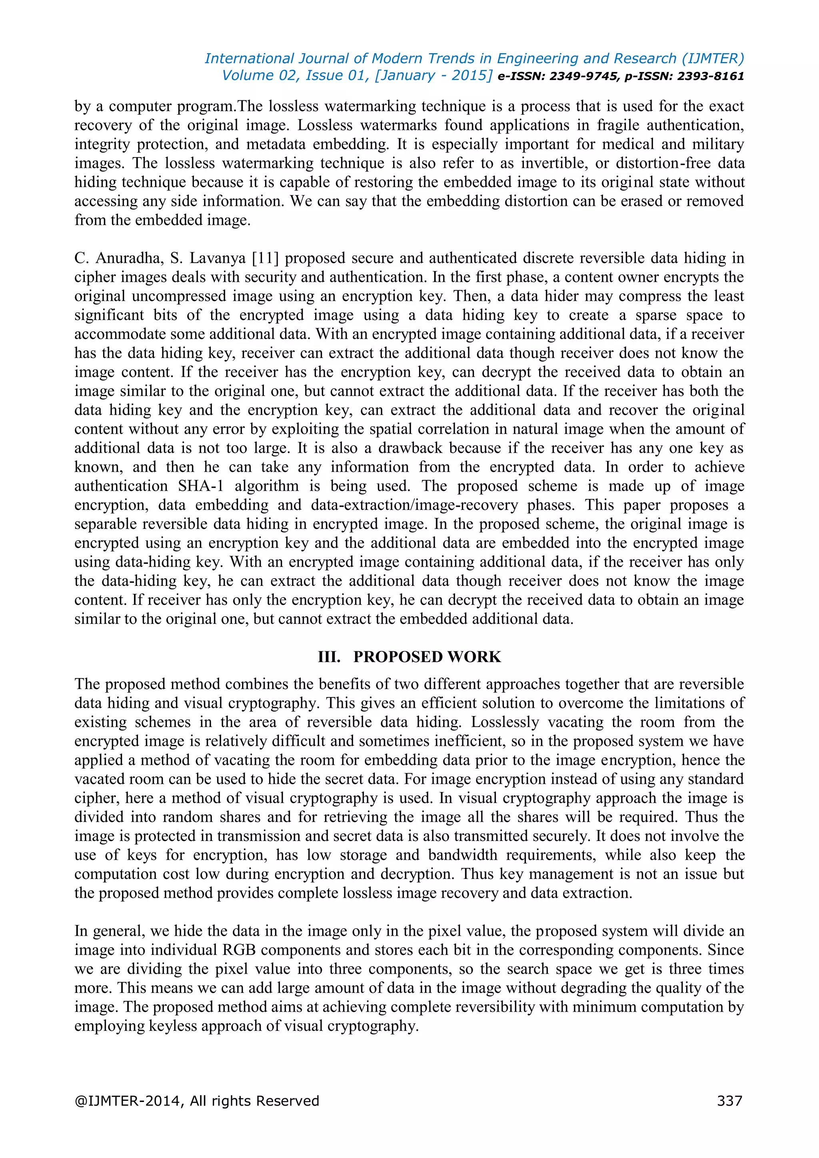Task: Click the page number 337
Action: pos(729,1100)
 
